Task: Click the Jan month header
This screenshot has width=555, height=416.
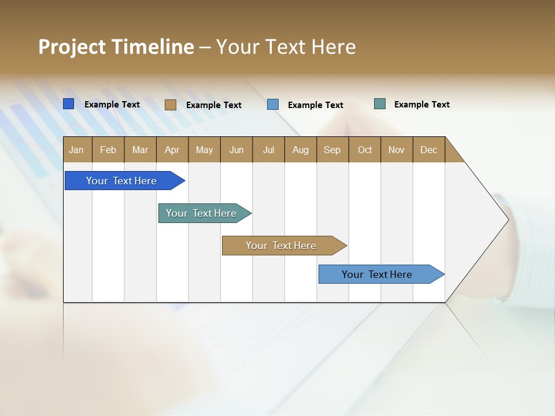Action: tap(77, 150)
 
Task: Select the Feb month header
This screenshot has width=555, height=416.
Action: tap(108, 150)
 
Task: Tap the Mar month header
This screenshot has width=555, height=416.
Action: tap(140, 150)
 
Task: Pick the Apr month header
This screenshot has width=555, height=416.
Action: tap(172, 150)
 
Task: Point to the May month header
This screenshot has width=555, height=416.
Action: tap(204, 150)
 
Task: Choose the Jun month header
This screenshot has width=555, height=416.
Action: tap(236, 150)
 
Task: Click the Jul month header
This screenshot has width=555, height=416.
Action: tap(268, 150)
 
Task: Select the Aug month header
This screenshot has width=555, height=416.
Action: tap(301, 150)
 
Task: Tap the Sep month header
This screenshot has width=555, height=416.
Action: tap(332, 150)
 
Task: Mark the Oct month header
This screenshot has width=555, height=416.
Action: tap(365, 150)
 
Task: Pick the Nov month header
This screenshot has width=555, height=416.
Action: tap(397, 150)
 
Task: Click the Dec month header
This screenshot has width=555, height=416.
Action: tap(429, 150)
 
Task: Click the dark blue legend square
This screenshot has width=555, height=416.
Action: tap(69, 104)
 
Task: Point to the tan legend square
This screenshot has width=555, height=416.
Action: tap(171, 105)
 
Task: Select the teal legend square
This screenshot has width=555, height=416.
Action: tap(380, 104)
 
